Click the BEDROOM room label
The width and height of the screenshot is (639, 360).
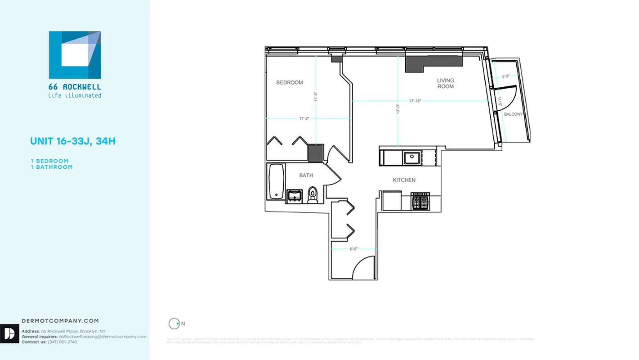pyautogui.click(x=289, y=82)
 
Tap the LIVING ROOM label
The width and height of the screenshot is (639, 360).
pyautogui.click(x=445, y=83)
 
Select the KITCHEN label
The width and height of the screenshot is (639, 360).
pyautogui.click(x=404, y=180)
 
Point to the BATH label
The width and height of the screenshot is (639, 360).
pyautogui.click(x=306, y=175)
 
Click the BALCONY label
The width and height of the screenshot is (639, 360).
pyautogui.click(x=513, y=114)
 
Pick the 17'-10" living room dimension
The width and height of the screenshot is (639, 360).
pyautogui.click(x=415, y=101)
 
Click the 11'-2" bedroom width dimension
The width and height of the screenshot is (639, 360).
pyautogui.click(x=304, y=118)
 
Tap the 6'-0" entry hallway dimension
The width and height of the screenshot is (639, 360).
pyautogui.click(x=353, y=248)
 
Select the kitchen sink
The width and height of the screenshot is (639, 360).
pyautogui.click(x=411, y=158)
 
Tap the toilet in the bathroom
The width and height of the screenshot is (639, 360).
pyautogui.click(x=313, y=196)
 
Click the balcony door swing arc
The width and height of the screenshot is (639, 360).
pyautogui.click(x=508, y=97)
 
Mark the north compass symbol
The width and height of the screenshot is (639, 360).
pyautogui.click(x=174, y=324)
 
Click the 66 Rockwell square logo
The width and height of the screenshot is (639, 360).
pyautogui.click(x=75, y=55)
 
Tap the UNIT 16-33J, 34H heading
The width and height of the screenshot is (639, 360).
pyautogui.click(x=73, y=141)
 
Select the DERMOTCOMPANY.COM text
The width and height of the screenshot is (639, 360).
pyautogui.click(x=60, y=321)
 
